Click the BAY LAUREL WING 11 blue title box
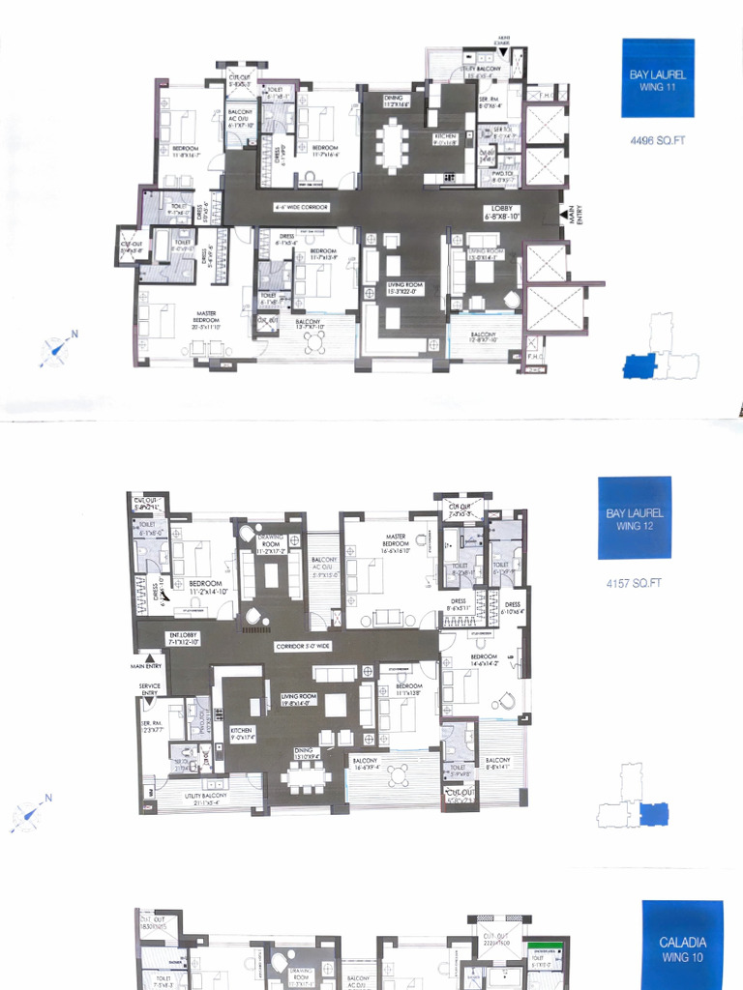pos(657,78)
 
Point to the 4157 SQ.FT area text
pos(634,584)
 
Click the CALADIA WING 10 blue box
pos(683,947)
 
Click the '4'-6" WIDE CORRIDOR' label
pos(301,207)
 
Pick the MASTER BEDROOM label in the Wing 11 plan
pos(206,316)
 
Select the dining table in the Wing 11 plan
pos(392,146)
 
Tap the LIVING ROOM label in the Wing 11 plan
pos(406,287)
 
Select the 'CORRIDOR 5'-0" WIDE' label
pos(303,645)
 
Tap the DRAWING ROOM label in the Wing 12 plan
pos(270,545)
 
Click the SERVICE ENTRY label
pos(149,689)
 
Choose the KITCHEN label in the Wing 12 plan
pos(242,734)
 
